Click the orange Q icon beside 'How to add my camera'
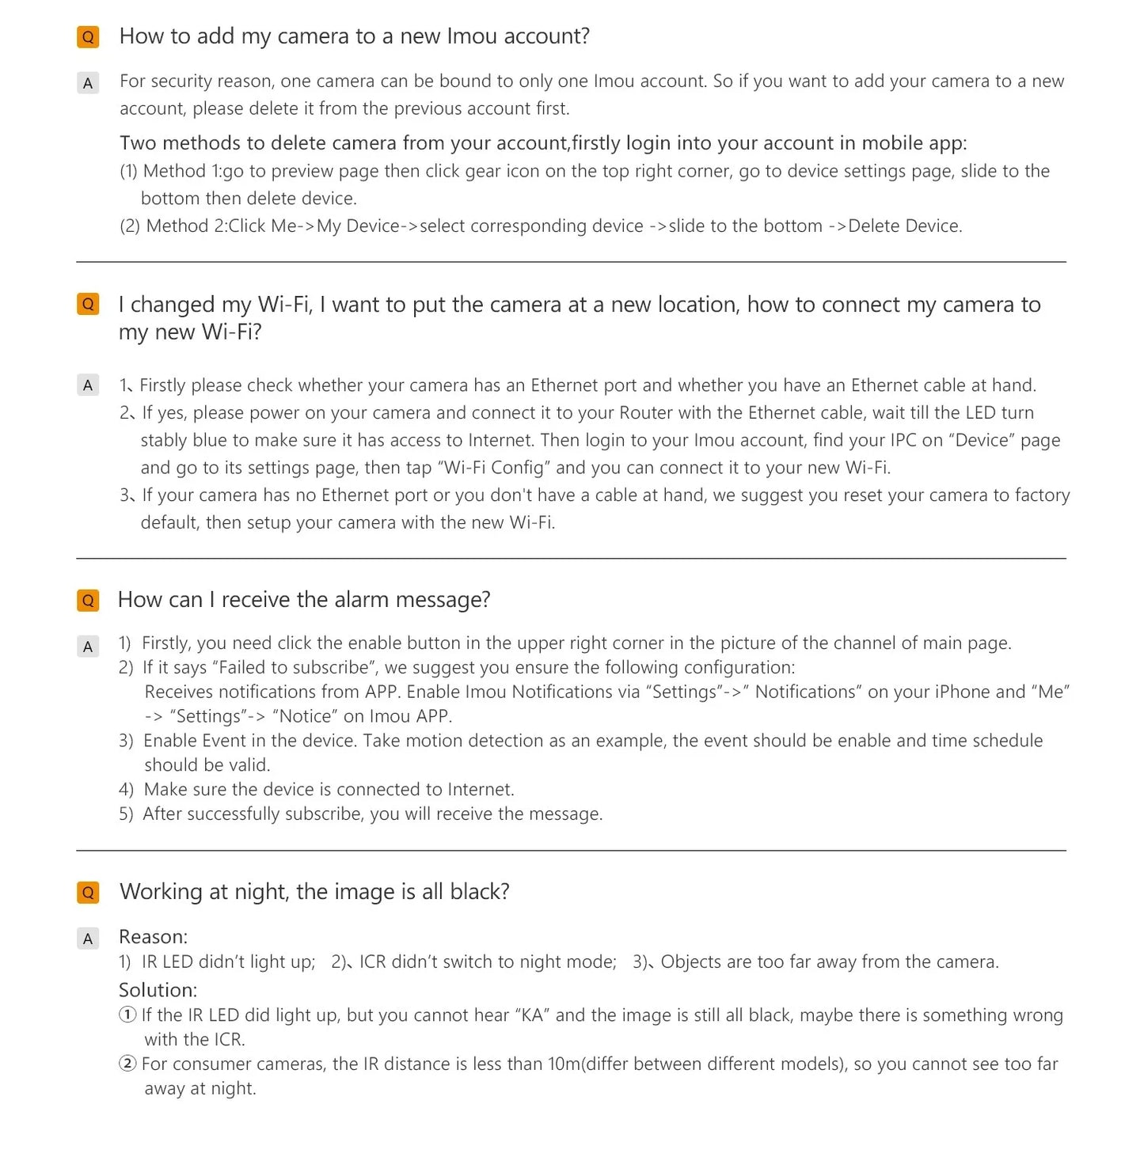click(88, 37)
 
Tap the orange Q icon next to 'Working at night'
click(88, 893)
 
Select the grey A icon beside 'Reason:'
click(88, 939)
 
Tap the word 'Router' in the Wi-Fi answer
click(646, 413)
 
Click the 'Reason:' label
click(153, 937)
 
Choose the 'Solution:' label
click(158, 990)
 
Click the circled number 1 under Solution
click(127, 1015)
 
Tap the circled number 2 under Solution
click(127, 1064)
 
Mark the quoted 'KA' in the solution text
click(532, 1015)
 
